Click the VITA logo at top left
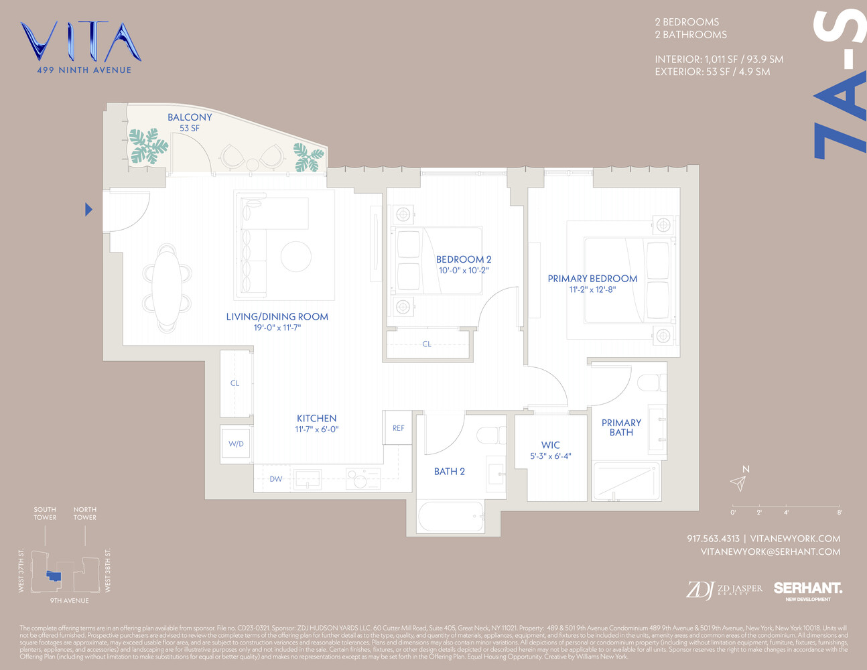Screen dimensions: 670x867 tap(80, 43)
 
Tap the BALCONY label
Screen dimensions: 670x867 tap(190, 117)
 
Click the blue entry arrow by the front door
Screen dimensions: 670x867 tap(88, 210)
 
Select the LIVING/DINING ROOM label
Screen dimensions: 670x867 tap(277, 317)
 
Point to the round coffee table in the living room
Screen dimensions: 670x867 tap(295, 256)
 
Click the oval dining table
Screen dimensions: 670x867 tap(167, 287)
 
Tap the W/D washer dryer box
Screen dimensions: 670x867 tap(236, 444)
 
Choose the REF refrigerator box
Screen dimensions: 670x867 tap(398, 427)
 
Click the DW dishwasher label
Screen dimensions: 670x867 tap(276, 479)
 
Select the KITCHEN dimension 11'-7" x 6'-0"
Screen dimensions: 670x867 tap(316, 429)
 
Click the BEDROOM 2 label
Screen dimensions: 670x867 tap(464, 259)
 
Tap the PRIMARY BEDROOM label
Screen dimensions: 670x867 tap(592, 279)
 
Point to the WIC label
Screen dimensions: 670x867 tap(550, 445)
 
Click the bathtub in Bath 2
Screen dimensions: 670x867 tap(451, 517)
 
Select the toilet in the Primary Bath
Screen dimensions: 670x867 tap(651, 383)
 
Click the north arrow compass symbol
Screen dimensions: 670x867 tap(738, 482)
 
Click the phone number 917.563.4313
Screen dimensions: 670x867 tap(713, 539)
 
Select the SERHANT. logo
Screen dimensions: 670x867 tap(807, 588)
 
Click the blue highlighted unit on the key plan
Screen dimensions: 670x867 tap(54, 576)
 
